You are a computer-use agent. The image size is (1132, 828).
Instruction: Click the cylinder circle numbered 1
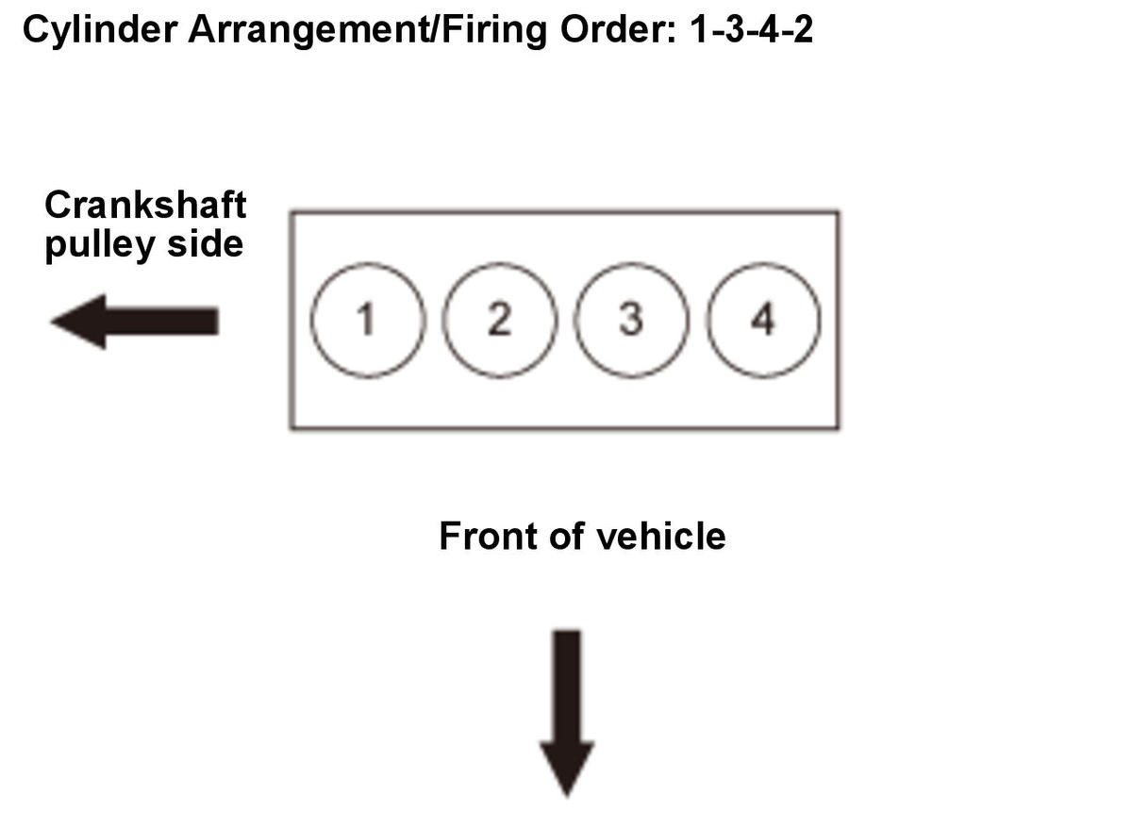(365, 320)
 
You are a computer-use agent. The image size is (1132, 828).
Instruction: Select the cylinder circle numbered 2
(498, 320)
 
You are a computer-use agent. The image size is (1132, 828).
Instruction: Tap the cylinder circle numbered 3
(630, 320)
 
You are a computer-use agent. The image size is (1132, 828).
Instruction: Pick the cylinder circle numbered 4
(762, 320)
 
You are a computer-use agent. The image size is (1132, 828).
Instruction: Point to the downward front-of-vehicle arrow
(567, 713)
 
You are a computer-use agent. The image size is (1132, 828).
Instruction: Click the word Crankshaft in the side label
(145, 205)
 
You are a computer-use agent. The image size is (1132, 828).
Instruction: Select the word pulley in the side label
(91, 245)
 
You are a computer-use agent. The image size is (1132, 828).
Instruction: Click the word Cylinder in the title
(99, 30)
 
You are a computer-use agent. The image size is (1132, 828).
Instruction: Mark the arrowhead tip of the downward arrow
(567, 794)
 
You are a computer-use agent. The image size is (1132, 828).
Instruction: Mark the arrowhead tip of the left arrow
(54, 322)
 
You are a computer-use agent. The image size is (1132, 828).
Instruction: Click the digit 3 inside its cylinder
(630, 321)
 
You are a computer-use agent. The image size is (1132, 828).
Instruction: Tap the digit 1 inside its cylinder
(365, 321)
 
